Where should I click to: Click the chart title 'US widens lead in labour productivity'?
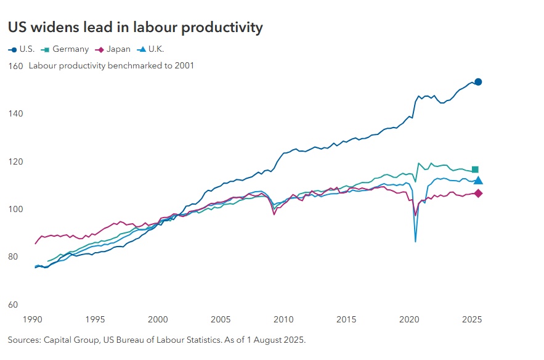click(135, 28)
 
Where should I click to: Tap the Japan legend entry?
click(112, 49)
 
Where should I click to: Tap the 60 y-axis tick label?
click(14, 305)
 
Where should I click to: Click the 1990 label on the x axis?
click(32, 320)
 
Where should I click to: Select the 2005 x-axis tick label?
click(221, 320)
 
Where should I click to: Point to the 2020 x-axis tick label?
click(409, 320)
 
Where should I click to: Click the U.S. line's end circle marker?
click(478, 82)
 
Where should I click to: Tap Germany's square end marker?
click(475, 170)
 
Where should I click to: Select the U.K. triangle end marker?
click(478, 181)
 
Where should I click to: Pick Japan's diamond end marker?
click(478, 194)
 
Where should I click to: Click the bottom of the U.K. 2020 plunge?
click(415, 241)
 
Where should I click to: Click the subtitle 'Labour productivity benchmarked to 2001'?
click(112, 65)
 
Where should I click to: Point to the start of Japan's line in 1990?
click(36, 244)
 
